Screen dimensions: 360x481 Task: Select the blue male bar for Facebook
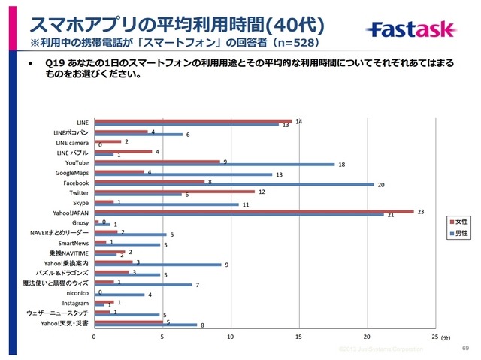(x=234, y=184)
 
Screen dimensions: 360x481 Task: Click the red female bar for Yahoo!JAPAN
(x=254, y=211)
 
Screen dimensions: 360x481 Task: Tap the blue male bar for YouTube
(x=214, y=164)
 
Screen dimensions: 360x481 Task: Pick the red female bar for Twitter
(x=174, y=191)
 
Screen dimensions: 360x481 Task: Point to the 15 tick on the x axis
(x=299, y=337)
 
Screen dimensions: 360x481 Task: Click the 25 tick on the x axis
(x=434, y=337)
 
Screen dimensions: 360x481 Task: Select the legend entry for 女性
(x=461, y=222)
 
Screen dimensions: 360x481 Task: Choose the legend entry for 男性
(x=461, y=234)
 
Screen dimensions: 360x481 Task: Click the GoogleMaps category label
(x=72, y=172)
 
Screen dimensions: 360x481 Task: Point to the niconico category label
(x=76, y=294)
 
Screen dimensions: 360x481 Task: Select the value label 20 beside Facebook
(x=381, y=183)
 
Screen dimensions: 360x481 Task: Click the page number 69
(x=464, y=349)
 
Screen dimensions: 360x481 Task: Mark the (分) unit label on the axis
(x=446, y=338)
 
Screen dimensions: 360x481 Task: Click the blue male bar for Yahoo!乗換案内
(x=158, y=265)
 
